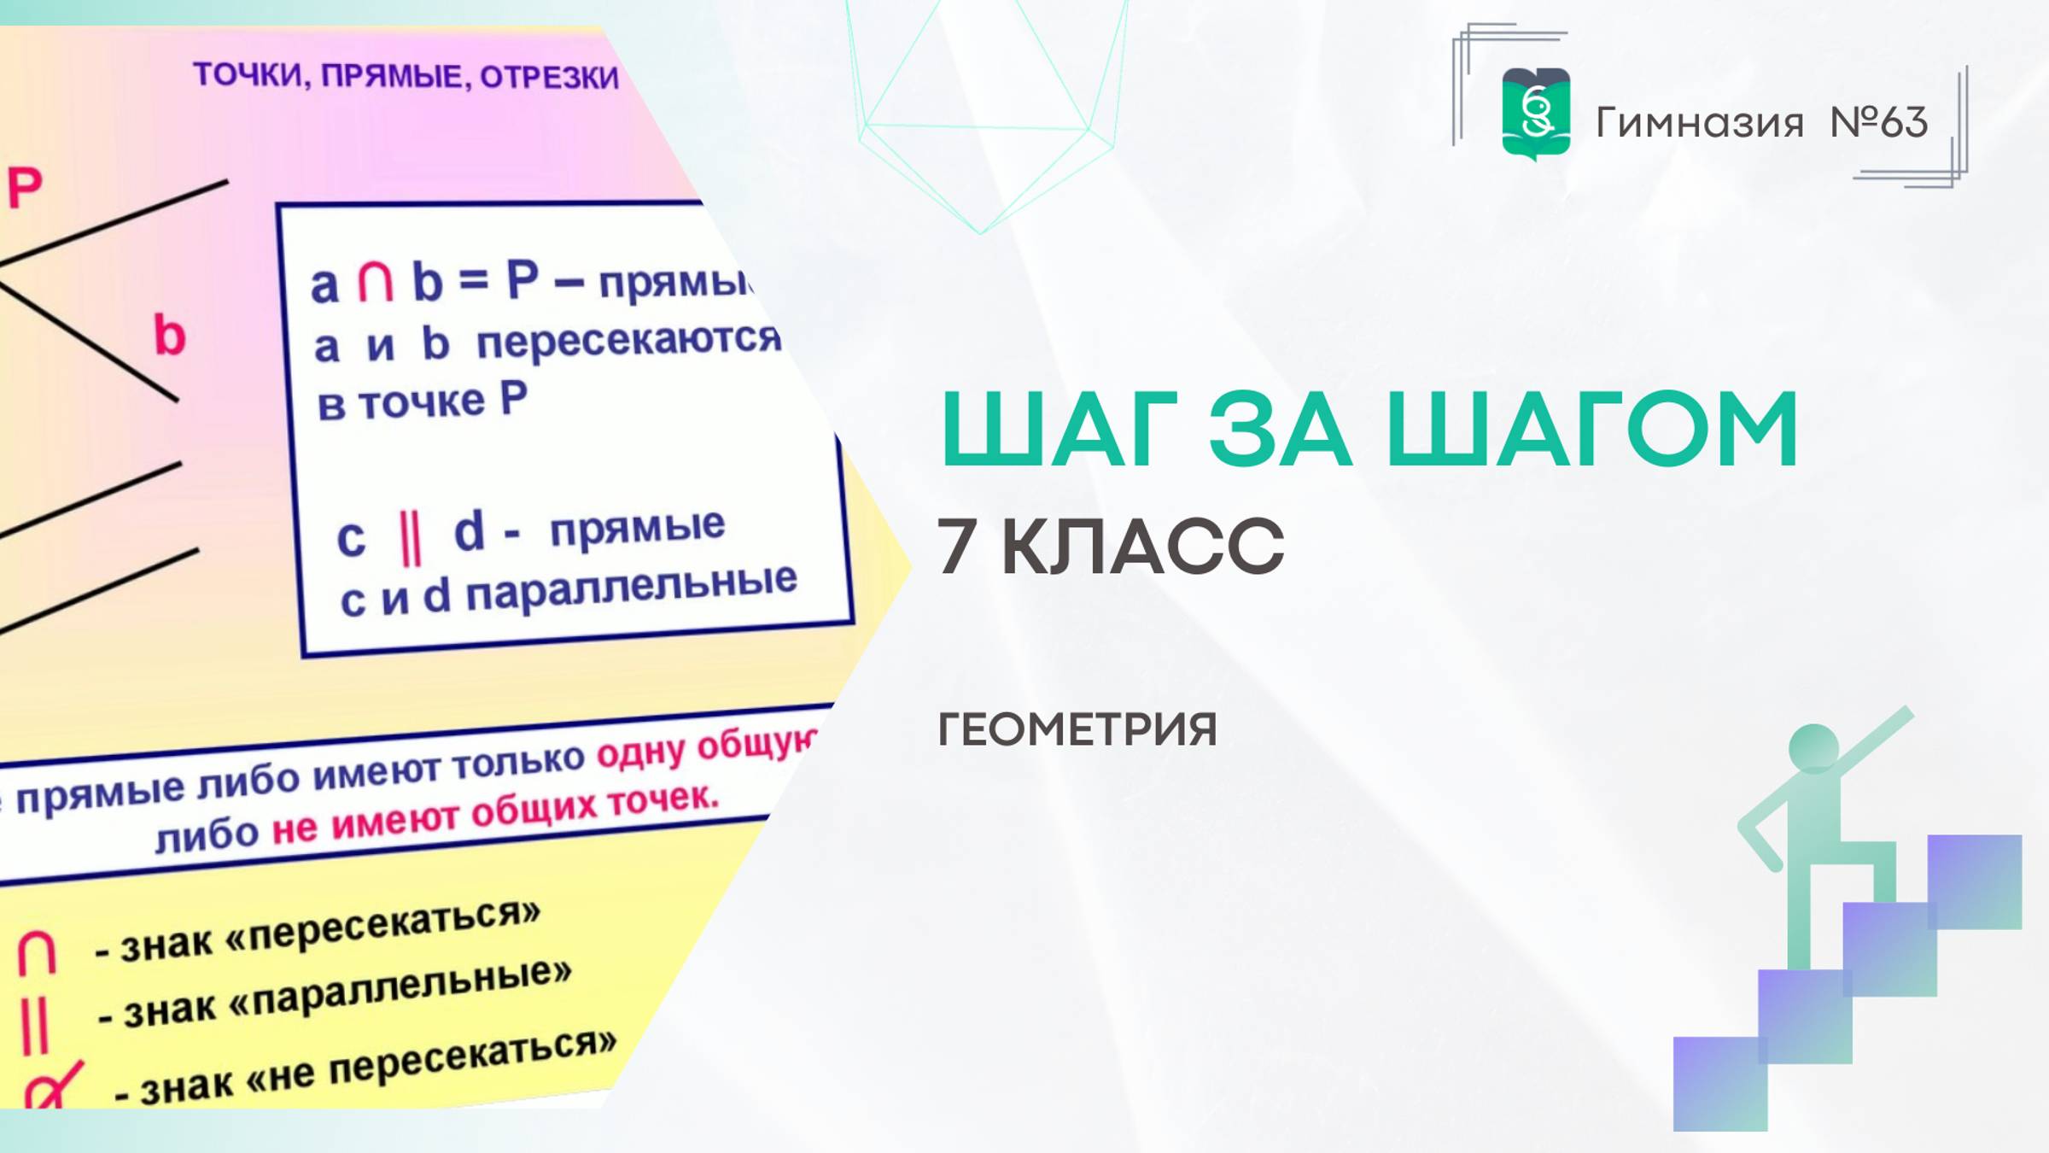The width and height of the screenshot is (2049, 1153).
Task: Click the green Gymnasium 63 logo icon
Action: (1535, 114)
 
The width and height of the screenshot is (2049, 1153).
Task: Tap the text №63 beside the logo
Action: (1878, 123)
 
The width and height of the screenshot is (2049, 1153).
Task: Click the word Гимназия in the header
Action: (1699, 123)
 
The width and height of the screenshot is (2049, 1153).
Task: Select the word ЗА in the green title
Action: (1280, 429)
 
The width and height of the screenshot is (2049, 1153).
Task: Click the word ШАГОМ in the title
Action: (1592, 429)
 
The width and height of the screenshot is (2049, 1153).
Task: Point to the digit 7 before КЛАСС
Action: (956, 547)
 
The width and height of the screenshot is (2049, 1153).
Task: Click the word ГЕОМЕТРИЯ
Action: (1077, 729)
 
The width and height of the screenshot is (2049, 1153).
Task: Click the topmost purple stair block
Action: (1974, 881)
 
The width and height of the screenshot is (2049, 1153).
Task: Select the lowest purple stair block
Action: (1719, 1083)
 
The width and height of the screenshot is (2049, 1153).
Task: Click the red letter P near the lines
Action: (25, 187)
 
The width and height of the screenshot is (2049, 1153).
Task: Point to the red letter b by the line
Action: (169, 335)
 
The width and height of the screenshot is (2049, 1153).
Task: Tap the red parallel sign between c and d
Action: (411, 537)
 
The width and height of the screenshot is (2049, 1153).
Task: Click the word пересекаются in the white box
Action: (628, 339)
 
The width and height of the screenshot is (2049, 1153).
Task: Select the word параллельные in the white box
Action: (631, 589)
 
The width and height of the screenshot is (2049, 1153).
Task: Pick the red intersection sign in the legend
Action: (37, 952)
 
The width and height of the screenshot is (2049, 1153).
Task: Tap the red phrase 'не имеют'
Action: (365, 823)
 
